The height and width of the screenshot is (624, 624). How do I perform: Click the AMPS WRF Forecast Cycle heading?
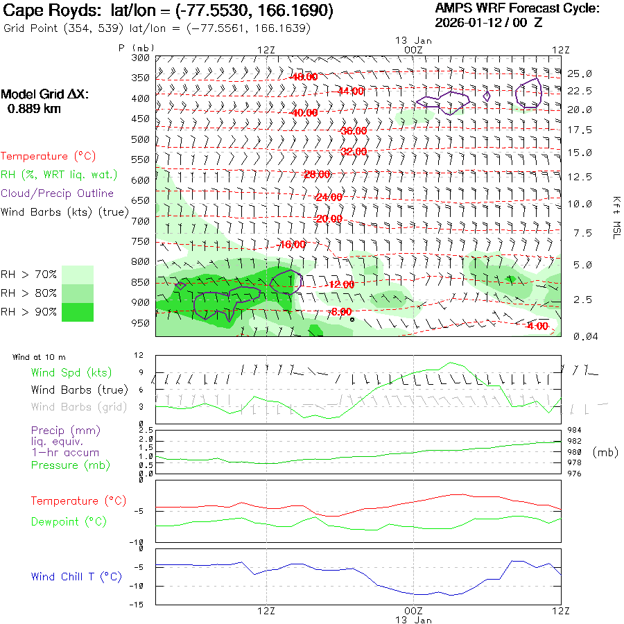517,8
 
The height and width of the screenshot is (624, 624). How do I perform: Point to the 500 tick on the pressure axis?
141,139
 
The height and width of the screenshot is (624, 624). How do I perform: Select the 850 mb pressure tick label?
141,282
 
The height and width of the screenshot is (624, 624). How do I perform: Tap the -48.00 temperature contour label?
304,77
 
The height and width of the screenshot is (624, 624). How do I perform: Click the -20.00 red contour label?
329,219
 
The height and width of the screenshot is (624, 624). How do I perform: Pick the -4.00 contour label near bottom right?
537,327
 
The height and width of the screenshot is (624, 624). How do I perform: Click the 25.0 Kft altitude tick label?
579,73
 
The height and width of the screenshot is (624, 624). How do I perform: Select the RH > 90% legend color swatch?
78,312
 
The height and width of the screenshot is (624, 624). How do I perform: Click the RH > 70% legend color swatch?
78,275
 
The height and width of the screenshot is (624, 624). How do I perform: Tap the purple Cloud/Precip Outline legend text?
58,193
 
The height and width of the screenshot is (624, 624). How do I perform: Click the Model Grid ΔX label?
45,94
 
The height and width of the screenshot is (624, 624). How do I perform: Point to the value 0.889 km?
33,108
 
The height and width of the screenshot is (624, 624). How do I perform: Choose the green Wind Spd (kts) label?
71,373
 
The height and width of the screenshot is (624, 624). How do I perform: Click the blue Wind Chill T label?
76,577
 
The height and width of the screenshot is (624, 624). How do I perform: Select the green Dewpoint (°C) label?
69,521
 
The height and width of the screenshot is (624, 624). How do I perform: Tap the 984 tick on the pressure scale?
574,430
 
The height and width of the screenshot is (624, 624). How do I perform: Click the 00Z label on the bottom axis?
413,611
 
